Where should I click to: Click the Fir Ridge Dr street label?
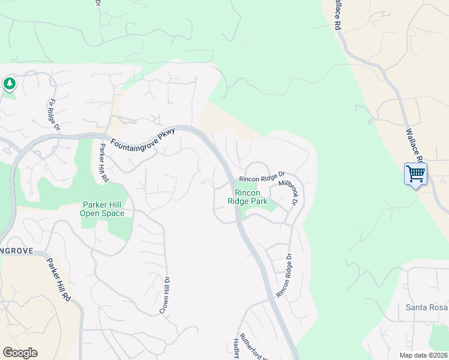point(55,115)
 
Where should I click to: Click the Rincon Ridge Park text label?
point(247,197)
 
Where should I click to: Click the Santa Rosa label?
point(427,308)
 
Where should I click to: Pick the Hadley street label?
point(236,348)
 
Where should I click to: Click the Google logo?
point(20,353)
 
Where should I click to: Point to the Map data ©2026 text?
point(423,355)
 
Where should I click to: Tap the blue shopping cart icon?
point(415,174)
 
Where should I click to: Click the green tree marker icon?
point(10,84)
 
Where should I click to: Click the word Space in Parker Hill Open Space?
point(113,214)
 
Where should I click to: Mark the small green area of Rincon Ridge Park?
point(270,206)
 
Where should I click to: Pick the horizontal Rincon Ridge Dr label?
point(262,178)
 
